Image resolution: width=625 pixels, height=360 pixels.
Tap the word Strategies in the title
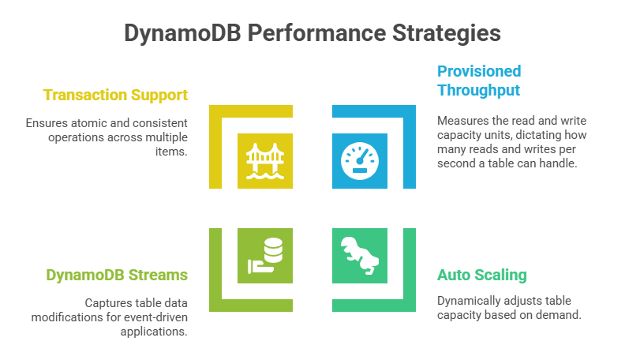(x=442, y=33)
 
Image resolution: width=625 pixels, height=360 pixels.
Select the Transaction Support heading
(x=115, y=96)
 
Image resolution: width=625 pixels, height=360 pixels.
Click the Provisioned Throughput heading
(x=479, y=81)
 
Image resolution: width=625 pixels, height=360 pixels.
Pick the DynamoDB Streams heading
(x=116, y=275)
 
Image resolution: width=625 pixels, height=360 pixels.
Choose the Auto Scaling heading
(x=481, y=275)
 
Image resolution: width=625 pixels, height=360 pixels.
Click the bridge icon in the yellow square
(x=265, y=161)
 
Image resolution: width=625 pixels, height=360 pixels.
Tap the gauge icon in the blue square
(x=360, y=161)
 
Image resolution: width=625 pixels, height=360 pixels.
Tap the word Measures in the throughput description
(x=464, y=120)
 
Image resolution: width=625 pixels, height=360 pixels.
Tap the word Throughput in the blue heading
(x=479, y=90)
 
